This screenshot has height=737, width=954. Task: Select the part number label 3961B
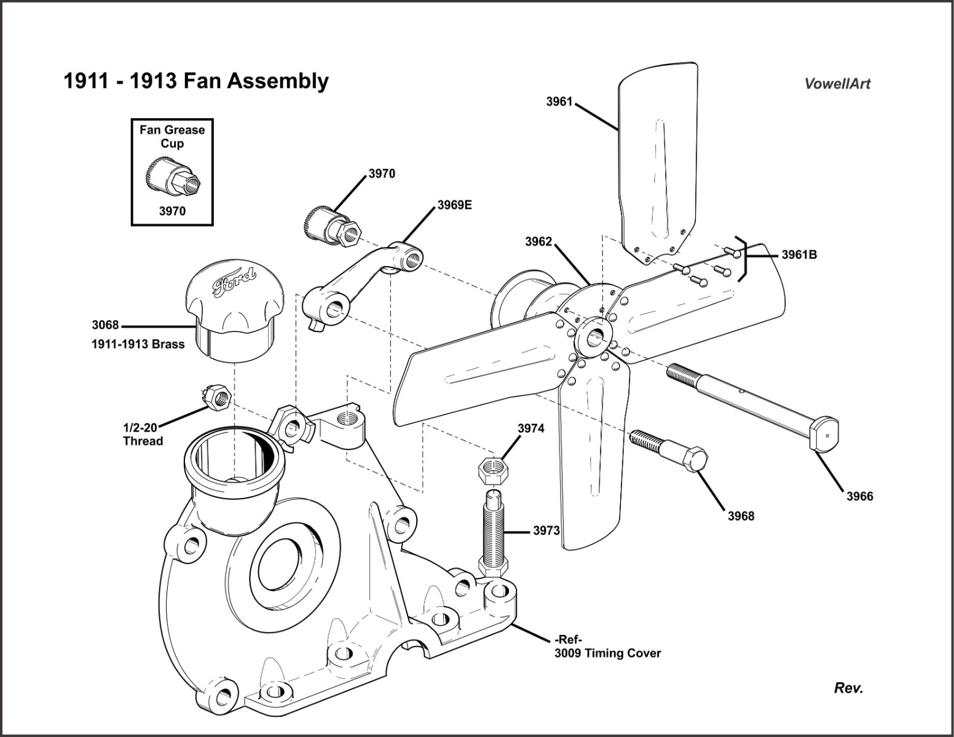[798, 254]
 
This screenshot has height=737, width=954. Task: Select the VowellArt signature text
[837, 84]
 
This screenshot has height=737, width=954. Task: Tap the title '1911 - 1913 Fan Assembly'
[196, 81]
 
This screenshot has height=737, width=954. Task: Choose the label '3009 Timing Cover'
[607, 653]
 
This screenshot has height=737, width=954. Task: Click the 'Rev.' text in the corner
[848, 688]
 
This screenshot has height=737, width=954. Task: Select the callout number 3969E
[454, 205]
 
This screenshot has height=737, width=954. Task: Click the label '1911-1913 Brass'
[138, 344]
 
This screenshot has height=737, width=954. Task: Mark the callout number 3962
[538, 242]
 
